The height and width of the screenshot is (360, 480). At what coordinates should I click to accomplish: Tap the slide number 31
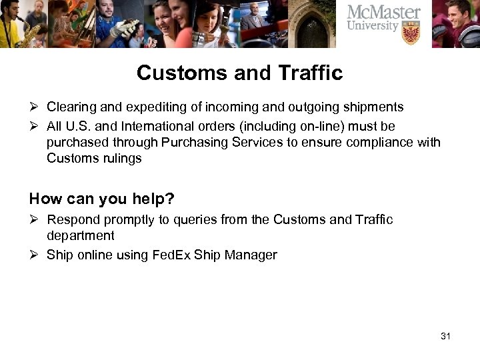coord(446,335)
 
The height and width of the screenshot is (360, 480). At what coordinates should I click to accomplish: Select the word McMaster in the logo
coord(383,13)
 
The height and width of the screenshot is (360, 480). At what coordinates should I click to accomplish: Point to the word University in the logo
coord(373,27)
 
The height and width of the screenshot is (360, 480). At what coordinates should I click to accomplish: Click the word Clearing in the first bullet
coord(70,107)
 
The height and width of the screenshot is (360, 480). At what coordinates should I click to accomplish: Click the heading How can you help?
coord(101,198)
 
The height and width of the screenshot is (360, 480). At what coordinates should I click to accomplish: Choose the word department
coord(80,235)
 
